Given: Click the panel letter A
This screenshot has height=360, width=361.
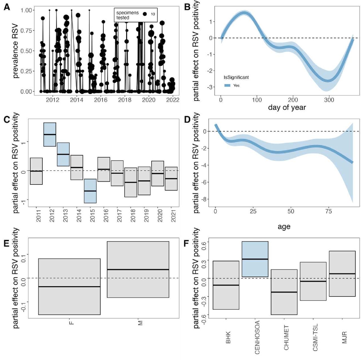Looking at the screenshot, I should click(x=6, y=7).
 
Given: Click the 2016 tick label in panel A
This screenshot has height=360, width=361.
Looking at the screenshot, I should click(x=100, y=100).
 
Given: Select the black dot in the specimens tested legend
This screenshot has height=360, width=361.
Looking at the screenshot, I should click(x=145, y=14).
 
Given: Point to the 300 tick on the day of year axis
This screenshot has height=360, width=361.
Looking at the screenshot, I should click(x=329, y=100).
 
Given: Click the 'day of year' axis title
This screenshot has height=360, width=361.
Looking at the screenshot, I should click(x=287, y=107).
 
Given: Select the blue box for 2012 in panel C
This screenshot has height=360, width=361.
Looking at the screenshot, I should click(x=50, y=134).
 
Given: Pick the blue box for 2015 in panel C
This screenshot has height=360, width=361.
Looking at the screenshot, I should click(x=90, y=191).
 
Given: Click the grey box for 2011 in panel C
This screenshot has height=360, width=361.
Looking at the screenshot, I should click(x=36, y=171).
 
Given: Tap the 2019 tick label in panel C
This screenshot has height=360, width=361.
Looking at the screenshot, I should click(x=146, y=215).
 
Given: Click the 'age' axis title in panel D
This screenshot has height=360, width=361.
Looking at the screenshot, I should click(x=284, y=227).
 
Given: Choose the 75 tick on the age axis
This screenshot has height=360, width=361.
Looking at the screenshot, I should click(x=329, y=211).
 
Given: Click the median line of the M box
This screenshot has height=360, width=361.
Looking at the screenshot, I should click(x=138, y=270).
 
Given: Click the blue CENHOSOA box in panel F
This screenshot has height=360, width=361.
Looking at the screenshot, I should click(x=255, y=259).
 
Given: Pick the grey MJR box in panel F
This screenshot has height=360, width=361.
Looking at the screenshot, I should click(x=342, y=274).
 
